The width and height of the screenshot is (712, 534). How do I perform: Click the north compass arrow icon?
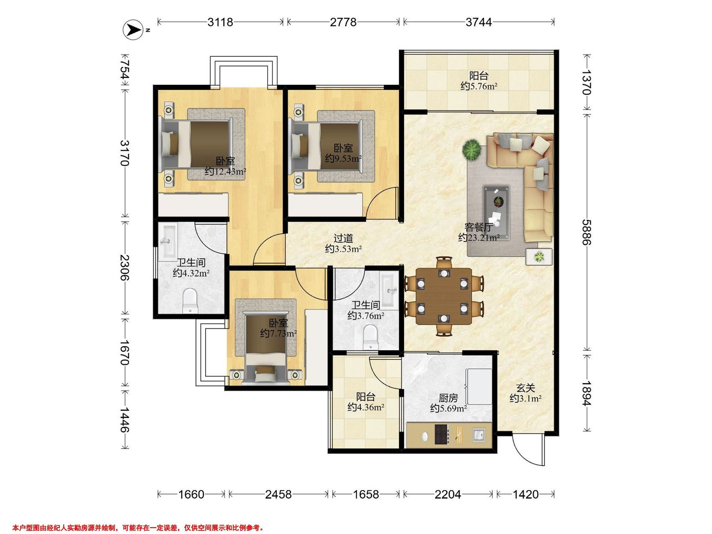[133, 30]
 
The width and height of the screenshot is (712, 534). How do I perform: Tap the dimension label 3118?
[220, 22]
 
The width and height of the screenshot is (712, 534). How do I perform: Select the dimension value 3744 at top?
[479, 22]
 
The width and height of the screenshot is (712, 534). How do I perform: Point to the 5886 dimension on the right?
[587, 232]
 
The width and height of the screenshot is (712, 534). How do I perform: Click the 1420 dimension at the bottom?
[526, 494]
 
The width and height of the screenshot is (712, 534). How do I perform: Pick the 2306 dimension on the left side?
[125, 268]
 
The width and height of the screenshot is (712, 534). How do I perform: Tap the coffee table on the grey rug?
[496, 212]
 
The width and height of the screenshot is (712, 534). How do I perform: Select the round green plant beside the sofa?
[472, 149]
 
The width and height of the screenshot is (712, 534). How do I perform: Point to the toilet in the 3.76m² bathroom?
[370, 337]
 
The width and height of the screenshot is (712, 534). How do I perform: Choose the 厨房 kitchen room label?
[448, 398]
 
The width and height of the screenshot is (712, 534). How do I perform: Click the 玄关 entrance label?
[526, 388]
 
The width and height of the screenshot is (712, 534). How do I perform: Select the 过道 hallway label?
[343, 239]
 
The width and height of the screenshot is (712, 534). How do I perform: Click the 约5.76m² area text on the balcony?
[479, 86]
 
